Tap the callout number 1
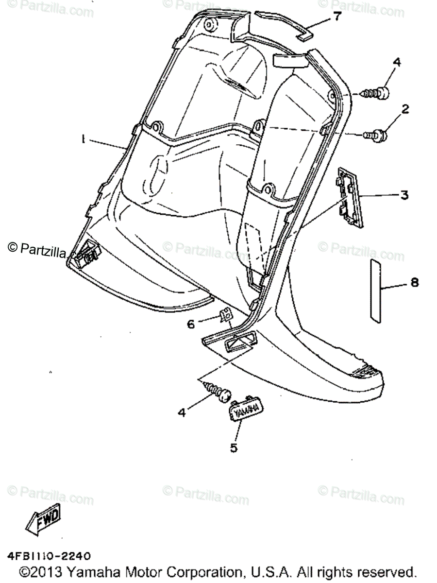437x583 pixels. pyautogui.click(x=84, y=139)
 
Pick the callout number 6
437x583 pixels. pyautogui.click(x=191, y=323)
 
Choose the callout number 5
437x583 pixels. pyautogui.click(x=234, y=447)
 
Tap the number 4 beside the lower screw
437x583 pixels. pyautogui.click(x=182, y=412)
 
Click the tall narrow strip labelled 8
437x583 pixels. pyautogui.click(x=376, y=291)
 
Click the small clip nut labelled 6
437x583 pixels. pyautogui.click(x=225, y=316)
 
